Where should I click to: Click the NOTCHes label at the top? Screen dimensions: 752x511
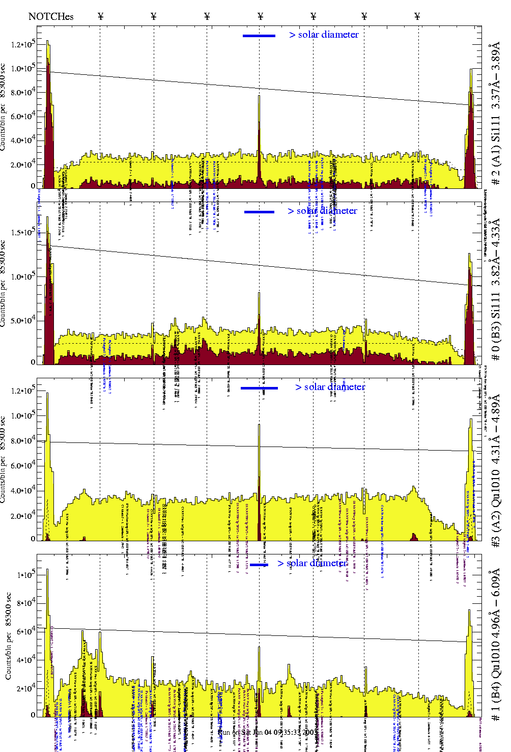click(51, 16)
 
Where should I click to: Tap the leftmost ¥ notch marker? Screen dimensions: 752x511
click(100, 16)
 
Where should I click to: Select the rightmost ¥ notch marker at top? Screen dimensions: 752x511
click(417, 16)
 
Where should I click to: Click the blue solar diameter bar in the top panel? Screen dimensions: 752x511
click(259, 36)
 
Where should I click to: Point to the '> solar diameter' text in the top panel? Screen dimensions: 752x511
click(324, 35)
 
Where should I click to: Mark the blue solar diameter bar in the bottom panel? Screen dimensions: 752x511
click(259, 565)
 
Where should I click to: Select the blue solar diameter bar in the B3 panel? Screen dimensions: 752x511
click(259, 212)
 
